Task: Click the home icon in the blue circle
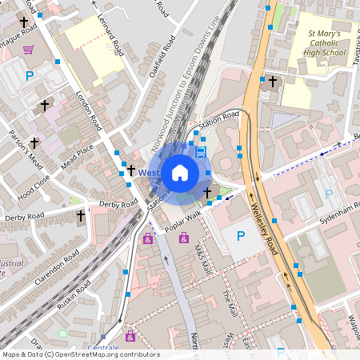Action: pos(180,171)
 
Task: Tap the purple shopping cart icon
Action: pos(28,50)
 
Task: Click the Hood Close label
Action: pos(34,184)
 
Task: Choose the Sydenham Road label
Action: pos(335,210)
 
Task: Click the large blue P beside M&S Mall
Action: pos(241,237)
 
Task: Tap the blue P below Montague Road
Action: pos(30,77)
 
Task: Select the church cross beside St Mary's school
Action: pos(272,82)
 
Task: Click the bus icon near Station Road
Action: pos(200,152)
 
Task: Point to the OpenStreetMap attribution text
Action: pos(80,354)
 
